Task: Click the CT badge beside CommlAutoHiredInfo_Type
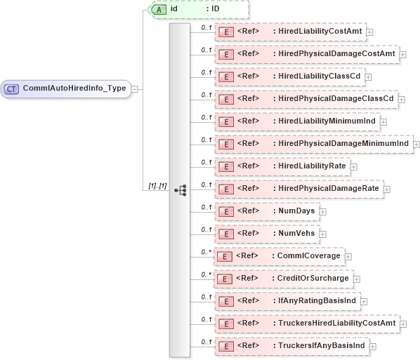pyautogui.click(x=13, y=89)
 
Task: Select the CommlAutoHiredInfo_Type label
pyautogui.click(x=74, y=89)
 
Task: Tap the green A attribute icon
pyautogui.click(x=159, y=9)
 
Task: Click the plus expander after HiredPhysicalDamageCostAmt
pyautogui.click(x=402, y=54)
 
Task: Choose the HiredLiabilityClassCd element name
pyautogui.click(x=317, y=76)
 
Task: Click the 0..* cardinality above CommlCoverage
pyautogui.click(x=206, y=251)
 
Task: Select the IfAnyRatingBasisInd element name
pyautogui.click(x=314, y=301)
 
